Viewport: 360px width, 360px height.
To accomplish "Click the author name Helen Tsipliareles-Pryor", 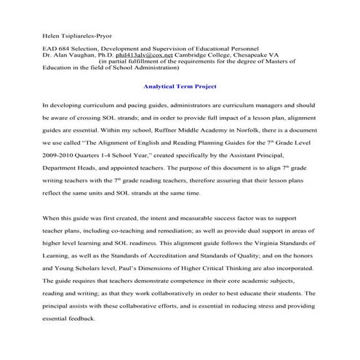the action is coord(76,36).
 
